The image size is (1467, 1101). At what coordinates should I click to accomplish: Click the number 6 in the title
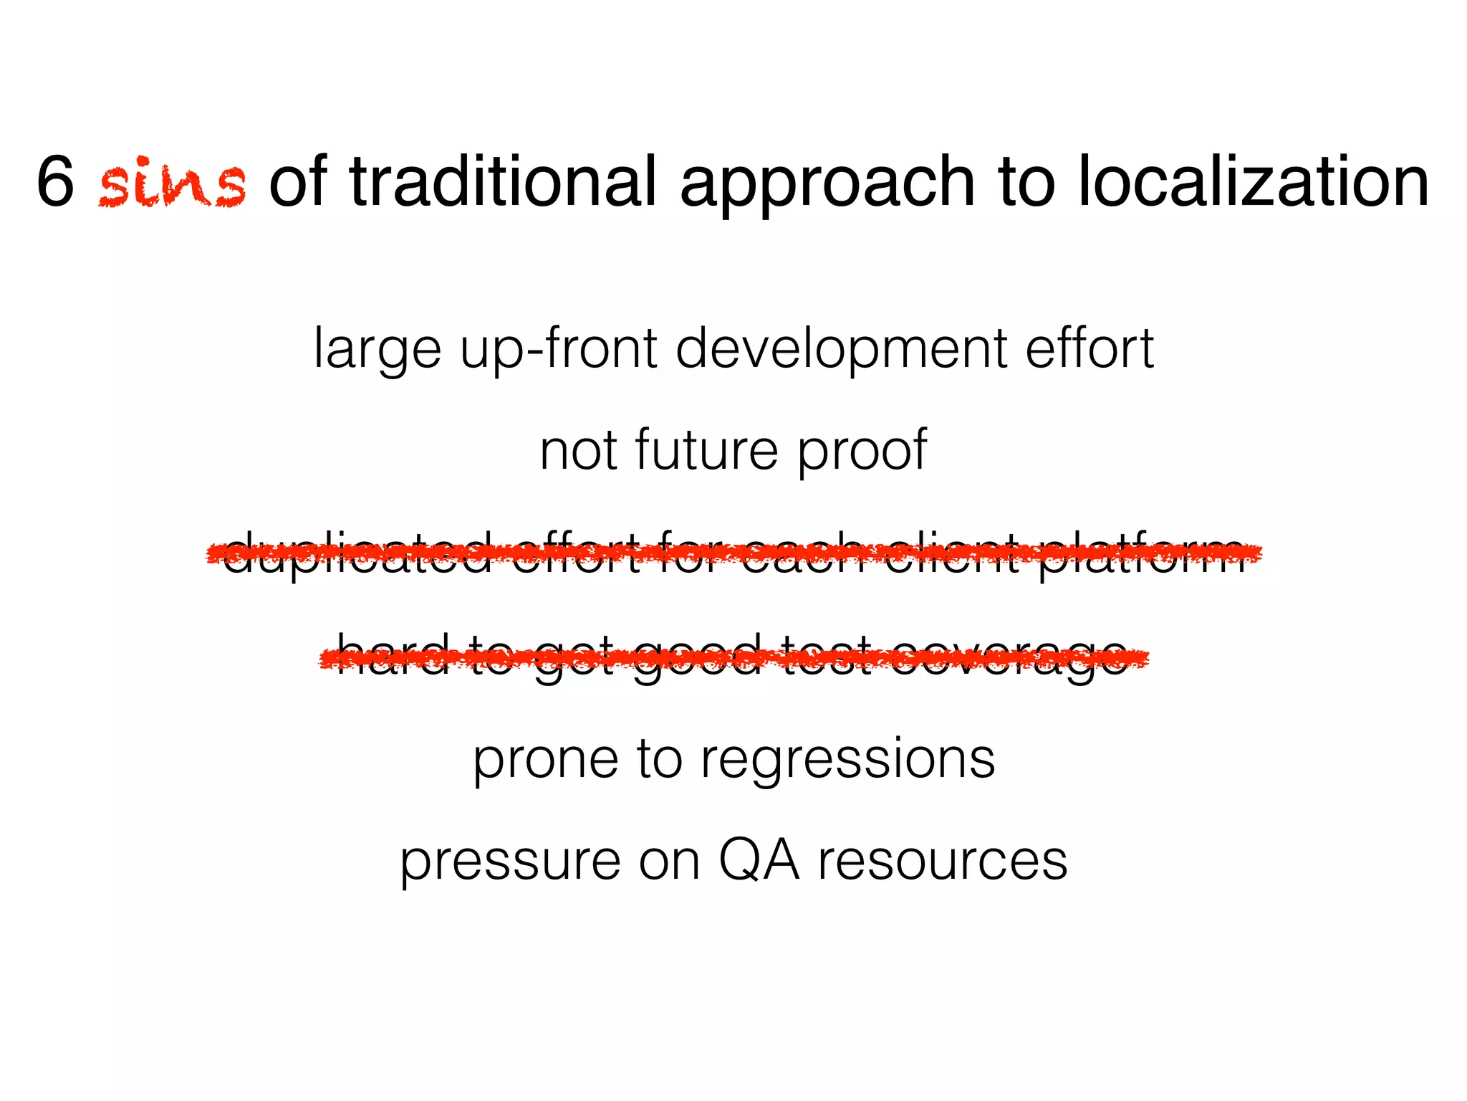point(55,181)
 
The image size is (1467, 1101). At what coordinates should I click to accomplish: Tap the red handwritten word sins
point(173,183)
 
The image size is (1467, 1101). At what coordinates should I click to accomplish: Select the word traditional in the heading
point(502,181)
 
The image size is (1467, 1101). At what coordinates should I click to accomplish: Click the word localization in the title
point(1253,181)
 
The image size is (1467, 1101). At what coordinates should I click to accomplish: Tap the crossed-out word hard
point(393,656)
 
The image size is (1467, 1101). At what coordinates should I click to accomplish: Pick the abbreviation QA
point(759,860)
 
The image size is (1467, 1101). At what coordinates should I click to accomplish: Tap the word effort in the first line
point(1089,350)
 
